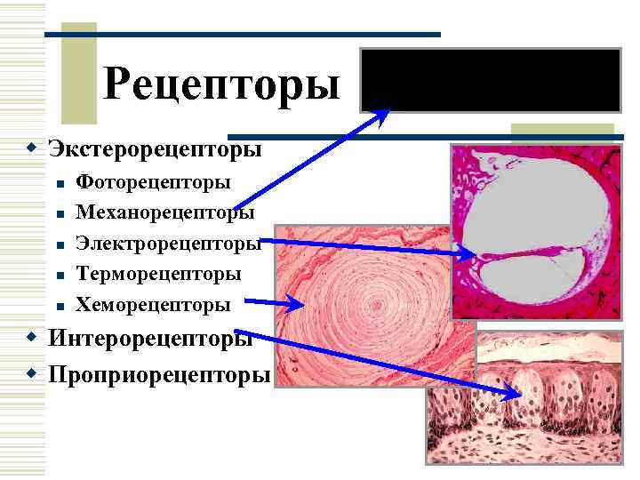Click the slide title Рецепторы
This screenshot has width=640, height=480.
click(221, 84)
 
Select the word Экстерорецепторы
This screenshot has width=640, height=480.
click(156, 147)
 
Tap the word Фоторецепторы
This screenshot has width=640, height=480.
click(154, 182)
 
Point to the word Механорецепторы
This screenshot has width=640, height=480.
click(165, 212)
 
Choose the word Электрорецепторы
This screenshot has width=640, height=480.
click(168, 243)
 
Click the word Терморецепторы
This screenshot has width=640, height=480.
click(159, 273)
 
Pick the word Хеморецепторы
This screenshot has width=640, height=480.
click(153, 304)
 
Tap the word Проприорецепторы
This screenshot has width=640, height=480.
click(159, 374)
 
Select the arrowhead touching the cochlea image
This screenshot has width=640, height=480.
click(468, 255)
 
